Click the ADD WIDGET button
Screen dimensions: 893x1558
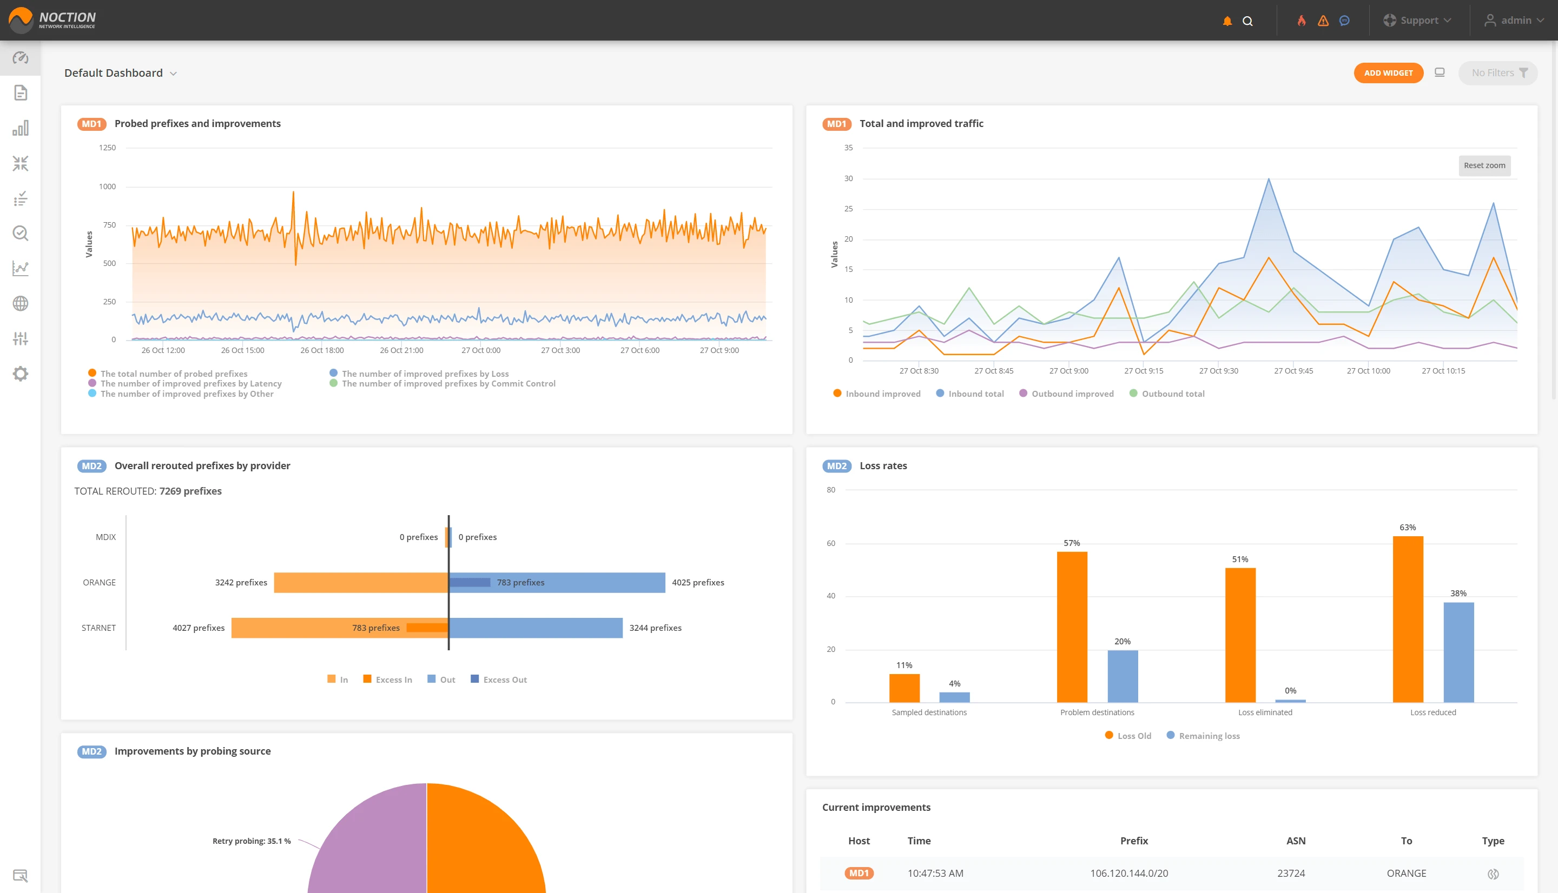click(1388, 73)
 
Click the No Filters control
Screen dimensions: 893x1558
click(1498, 73)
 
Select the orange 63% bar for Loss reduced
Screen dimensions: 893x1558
click(1407, 619)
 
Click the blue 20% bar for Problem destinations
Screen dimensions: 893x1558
click(1122, 676)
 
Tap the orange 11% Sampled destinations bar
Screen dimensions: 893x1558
click(904, 688)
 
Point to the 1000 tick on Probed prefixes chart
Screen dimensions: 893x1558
click(108, 186)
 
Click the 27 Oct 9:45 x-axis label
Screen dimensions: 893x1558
click(1293, 371)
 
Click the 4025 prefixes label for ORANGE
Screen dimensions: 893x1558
click(698, 583)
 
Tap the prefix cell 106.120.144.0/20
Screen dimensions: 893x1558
click(1128, 874)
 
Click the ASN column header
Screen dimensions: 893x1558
click(1296, 841)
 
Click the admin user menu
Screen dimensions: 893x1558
click(1514, 20)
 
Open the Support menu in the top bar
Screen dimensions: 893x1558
click(1417, 20)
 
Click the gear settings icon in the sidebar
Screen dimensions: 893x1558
click(20, 374)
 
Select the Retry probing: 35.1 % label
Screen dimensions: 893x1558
click(252, 841)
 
